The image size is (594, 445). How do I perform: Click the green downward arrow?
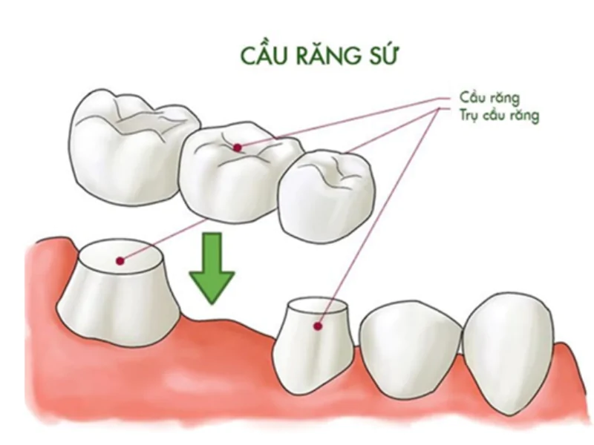pos(212,268)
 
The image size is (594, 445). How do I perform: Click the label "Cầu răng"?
pos(489,97)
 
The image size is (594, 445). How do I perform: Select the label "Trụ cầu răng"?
pos(499,115)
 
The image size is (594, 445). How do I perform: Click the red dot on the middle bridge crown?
pos(237,148)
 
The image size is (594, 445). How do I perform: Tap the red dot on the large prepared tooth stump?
pos(120,261)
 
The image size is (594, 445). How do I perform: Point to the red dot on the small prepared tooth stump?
pos(318,326)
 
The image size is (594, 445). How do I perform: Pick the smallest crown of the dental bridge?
pos(327,197)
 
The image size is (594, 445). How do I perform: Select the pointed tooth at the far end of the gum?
pos(509,354)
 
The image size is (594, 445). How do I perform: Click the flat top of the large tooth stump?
pos(121,256)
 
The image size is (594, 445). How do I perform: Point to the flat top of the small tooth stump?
pos(318,306)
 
